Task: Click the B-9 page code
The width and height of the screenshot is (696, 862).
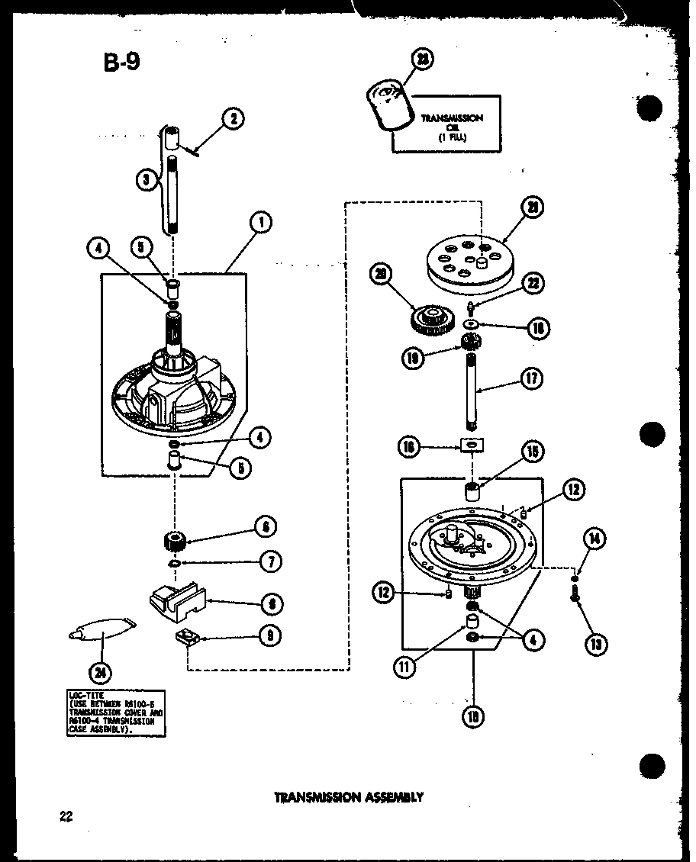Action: [121, 62]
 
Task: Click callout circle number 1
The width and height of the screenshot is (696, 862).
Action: [261, 224]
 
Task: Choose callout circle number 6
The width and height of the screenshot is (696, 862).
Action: [263, 526]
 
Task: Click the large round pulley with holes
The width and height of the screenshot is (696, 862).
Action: [469, 263]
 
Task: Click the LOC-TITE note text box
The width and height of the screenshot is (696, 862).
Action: [114, 713]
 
